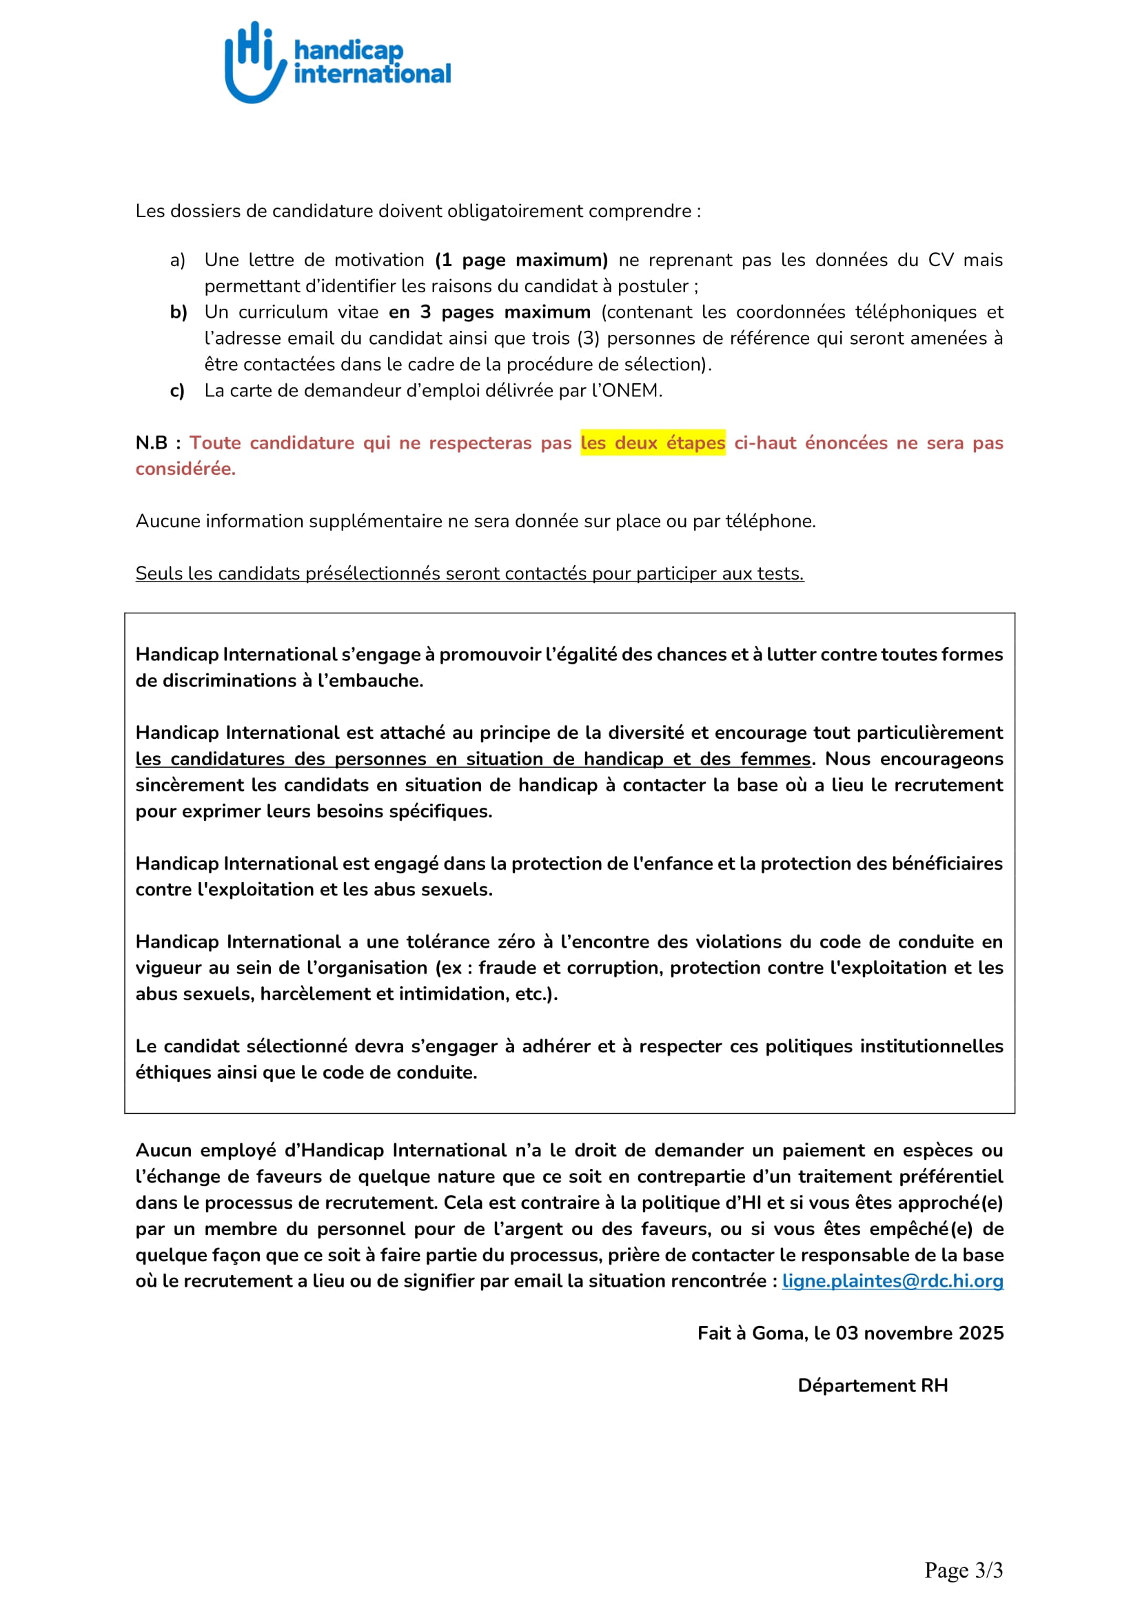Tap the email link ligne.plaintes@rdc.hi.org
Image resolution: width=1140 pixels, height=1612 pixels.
892,1281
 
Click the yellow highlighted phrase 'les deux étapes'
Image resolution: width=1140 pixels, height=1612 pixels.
653,443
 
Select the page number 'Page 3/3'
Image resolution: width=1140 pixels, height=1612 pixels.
963,1570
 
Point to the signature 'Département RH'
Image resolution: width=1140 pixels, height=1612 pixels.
873,1385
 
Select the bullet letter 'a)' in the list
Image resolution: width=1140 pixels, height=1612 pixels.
178,261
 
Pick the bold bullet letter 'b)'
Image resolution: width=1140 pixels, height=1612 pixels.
179,312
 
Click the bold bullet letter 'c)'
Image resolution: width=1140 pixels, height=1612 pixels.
178,391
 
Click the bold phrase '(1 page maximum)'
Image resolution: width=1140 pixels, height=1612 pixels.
521,261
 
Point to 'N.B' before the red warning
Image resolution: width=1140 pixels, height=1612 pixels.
151,443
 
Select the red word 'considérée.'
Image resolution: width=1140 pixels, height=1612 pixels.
185,469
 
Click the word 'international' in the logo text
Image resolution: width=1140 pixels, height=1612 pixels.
372,74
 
